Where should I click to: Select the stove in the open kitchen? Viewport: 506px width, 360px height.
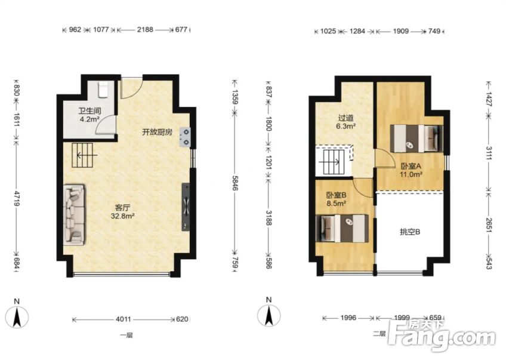tap(186, 137)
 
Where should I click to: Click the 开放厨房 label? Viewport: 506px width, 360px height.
tap(157, 132)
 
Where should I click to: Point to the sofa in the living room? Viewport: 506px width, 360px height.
tap(75, 213)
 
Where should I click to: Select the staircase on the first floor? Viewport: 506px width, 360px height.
tap(84, 156)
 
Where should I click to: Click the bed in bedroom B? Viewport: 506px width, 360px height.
tap(343, 229)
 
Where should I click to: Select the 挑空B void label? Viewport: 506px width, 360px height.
tap(410, 232)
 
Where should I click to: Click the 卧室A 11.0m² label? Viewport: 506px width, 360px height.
tap(411, 171)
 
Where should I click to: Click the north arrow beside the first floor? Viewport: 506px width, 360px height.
tap(17, 314)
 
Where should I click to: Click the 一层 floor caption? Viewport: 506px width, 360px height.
tap(126, 335)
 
